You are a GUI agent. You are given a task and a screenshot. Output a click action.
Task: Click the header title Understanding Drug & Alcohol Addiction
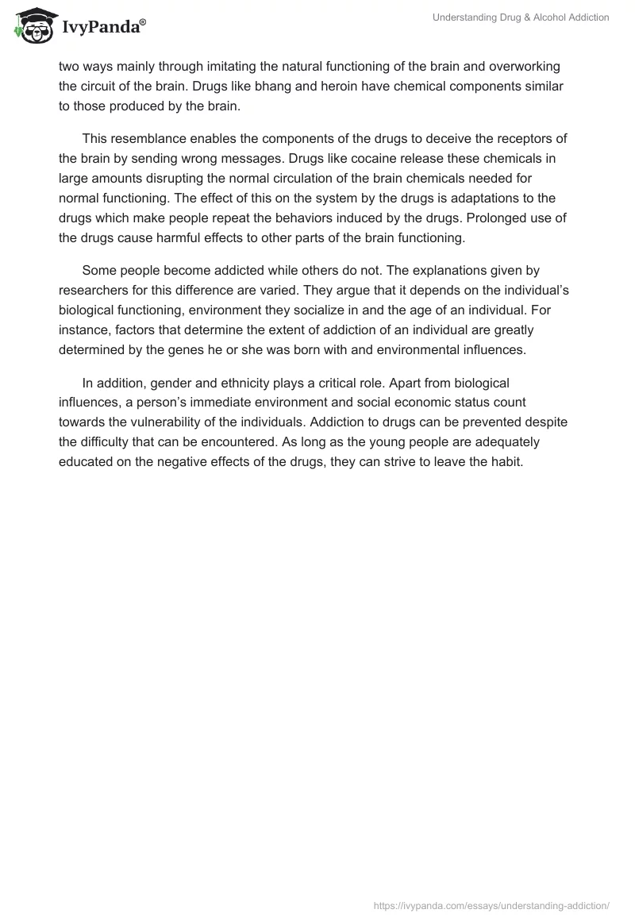[521, 17]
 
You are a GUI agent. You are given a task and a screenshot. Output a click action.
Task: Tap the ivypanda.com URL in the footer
[491, 904]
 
